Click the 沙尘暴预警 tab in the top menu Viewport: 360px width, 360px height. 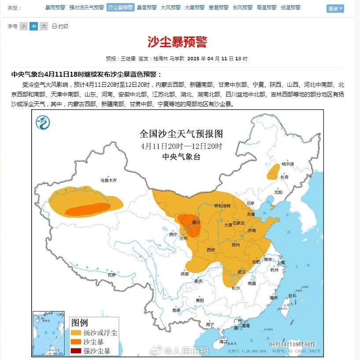(x=121, y=7)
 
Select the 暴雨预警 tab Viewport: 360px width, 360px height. (x=55, y=7)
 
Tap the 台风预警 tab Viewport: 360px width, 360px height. (x=242, y=7)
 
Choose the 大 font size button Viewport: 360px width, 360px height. (x=44, y=26)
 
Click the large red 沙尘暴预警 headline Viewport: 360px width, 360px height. (x=177, y=42)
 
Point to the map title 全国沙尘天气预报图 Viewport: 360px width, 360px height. (x=181, y=133)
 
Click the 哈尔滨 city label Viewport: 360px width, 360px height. (x=287, y=163)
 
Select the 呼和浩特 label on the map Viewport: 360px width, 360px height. (x=222, y=206)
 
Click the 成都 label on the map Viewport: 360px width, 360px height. (x=184, y=274)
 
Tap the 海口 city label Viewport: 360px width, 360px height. (x=223, y=341)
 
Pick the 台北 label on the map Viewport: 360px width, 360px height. (x=292, y=296)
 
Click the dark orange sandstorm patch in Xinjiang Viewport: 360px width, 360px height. (x=88, y=210)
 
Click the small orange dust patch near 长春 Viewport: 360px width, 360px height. (x=273, y=171)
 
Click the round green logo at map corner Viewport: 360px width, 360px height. (x=43, y=122)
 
